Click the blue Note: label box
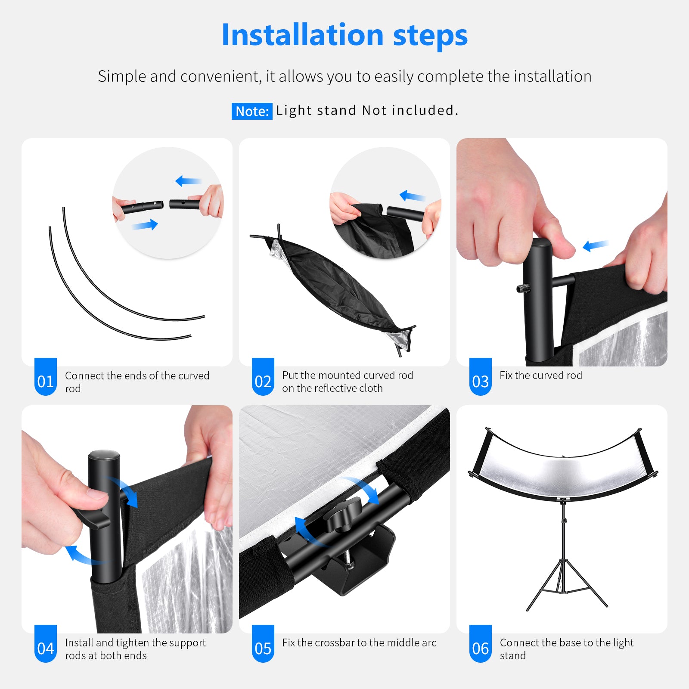252,112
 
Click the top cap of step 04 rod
104,456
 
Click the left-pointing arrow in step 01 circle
188,181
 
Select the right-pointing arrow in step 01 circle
145,225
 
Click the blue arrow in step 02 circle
412,196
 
